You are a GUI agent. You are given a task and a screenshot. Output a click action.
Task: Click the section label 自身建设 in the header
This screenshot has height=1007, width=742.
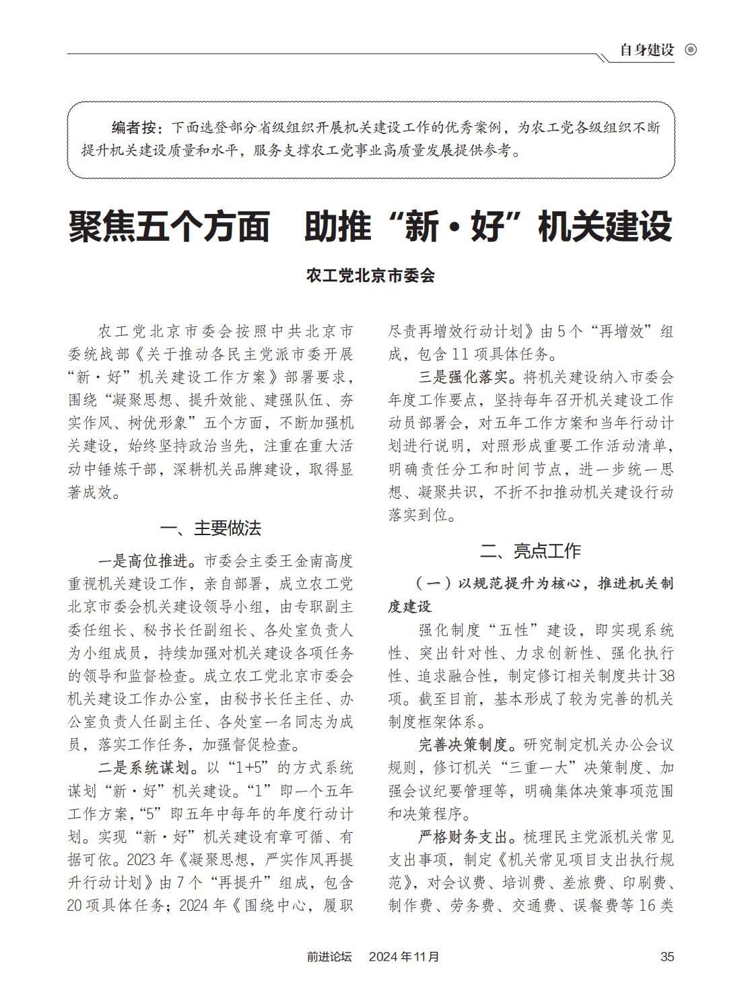[x=646, y=50]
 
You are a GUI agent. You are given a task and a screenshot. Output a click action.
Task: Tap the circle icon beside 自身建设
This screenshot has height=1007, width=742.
[x=690, y=50]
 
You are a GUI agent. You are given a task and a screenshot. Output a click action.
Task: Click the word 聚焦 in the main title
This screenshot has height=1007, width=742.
[x=102, y=226]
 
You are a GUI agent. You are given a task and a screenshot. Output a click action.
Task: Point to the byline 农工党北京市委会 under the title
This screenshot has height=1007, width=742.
[x=370, y=275]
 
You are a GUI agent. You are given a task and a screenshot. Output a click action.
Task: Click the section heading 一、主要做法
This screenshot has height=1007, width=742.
[x=211, y=528]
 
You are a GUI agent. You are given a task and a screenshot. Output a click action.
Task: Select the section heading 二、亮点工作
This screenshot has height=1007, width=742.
[x=531, y=551]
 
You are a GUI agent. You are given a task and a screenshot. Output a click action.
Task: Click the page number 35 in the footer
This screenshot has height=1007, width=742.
[x=667, y=957]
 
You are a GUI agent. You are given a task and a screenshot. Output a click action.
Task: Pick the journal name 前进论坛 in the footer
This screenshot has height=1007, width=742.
[x=329, y=957]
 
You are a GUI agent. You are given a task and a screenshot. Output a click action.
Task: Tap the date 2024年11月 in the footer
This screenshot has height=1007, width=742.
[x=404, y=957]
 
